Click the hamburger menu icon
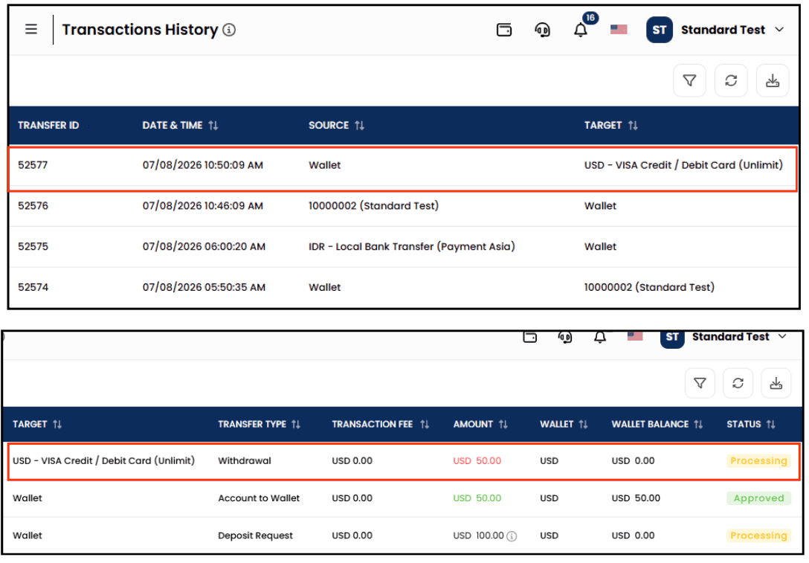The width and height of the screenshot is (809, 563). [31, 30]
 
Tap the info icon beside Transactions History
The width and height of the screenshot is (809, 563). [229, 30]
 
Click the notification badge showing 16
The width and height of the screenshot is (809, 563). [590, 18]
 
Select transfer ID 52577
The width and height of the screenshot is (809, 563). [33, 165]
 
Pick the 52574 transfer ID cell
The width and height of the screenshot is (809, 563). [33, 287]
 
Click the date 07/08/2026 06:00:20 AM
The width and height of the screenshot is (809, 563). [204, 247]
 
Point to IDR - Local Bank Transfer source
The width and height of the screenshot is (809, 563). [412, 247]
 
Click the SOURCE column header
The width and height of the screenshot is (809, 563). [329, 126]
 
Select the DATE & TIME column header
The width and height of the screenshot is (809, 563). [173, 126]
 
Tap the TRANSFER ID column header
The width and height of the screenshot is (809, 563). [48, 126]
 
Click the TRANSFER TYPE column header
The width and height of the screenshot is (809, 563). [252, 424]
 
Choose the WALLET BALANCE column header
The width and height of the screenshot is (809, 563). [650, 424]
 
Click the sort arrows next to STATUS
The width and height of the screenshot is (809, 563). [771, 424]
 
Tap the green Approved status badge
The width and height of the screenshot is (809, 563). [758, 498]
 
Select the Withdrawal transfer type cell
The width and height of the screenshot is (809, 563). [245, 461]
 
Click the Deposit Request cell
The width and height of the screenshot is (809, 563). [255, 535]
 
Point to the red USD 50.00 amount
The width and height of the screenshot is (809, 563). [477, 461]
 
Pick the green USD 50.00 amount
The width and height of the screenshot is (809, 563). [477, 498]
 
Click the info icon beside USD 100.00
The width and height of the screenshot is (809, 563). [512, 536]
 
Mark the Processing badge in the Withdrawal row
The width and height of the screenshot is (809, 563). [758, 461]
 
